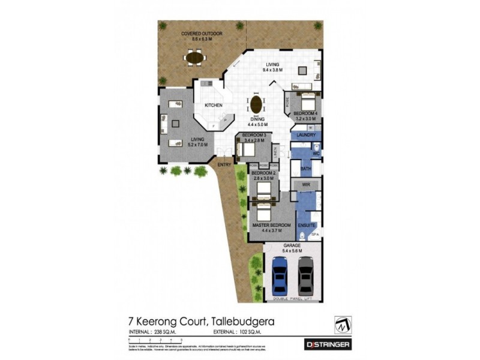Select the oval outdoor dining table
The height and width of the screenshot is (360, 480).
(x=194, y=58)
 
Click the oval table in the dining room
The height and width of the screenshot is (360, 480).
(x=257, y=104)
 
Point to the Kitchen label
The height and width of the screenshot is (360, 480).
(x=213, y=106)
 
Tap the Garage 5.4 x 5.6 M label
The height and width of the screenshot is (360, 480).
(x=293, y=248)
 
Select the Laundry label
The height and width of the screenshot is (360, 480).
(x=307, y=136)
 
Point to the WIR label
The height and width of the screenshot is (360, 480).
(x=305, y=185)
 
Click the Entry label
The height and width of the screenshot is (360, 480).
(x=224, y=164)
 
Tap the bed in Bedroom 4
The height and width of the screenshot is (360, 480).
(x=306, y=99)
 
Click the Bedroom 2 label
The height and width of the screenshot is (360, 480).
(x=263, y=175)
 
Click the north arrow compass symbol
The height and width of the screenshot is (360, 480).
(x=343, y=324)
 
